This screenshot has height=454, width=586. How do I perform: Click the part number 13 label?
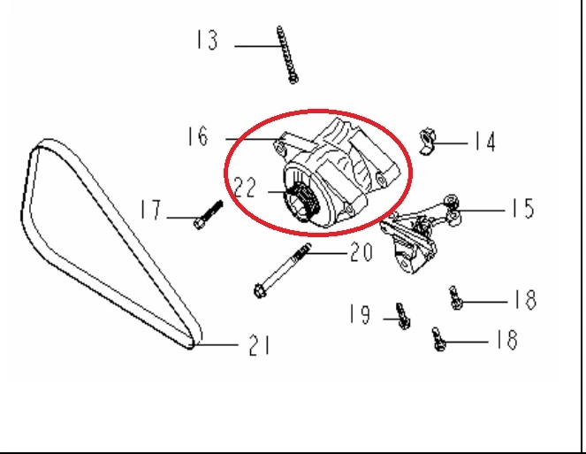pos(207,40)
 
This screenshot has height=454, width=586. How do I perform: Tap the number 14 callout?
pos(484,142)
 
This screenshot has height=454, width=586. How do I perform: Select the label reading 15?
pos(523,208)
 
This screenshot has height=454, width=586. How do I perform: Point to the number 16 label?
pos(197,136)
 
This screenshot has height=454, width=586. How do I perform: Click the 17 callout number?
pos(150,209)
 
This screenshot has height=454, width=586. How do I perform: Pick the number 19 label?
pos(360,313)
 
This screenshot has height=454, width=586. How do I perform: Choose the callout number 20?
pos(361,251)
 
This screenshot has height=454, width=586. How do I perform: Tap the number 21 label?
pos(259,345)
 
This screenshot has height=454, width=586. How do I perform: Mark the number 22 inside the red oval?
pos(246,187)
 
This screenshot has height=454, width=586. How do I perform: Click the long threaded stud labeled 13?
pos(286,55)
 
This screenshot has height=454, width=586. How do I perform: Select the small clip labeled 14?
pos(427,141)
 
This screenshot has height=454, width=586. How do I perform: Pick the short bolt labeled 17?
pos(209,215)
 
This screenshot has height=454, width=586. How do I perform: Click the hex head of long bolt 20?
pos(259,291)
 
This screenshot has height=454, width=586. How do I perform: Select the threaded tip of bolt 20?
pos(303,250)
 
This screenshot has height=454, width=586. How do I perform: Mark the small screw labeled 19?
pos(403,316)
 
